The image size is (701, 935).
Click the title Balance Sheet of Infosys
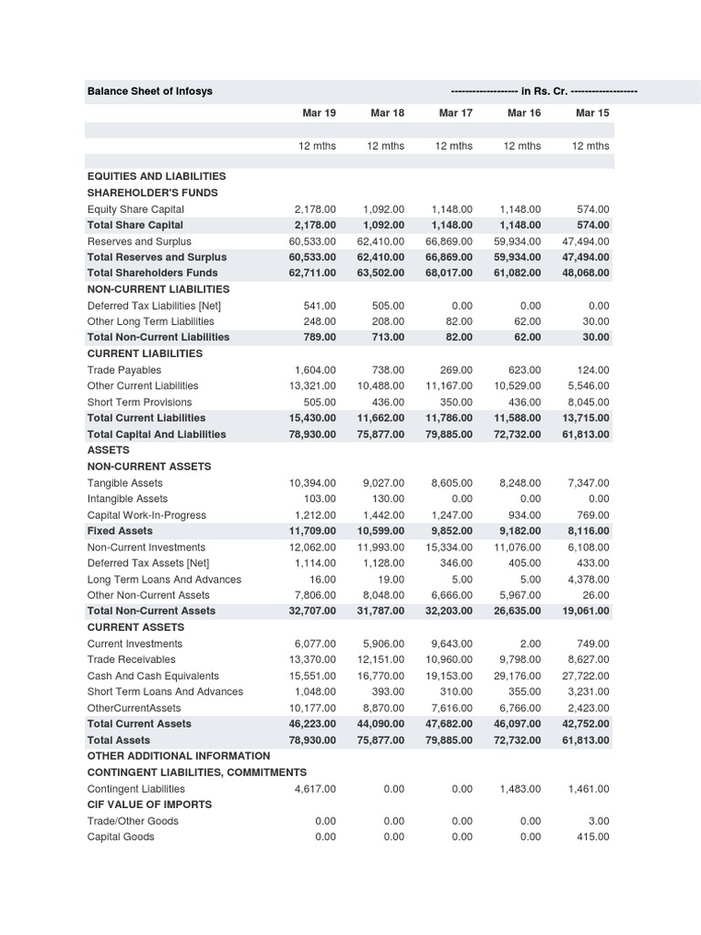click(x=150, y=91)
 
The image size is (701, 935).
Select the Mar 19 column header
click(x=319, y=113)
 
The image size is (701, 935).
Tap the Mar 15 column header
click(x=592, y=113)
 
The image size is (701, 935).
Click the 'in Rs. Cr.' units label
click(x=544, y=91)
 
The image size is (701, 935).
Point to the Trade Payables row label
click(x=124, y=370)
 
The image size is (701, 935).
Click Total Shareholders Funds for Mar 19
click(x=311, y=273)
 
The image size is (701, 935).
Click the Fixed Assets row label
click(x=120, y=531)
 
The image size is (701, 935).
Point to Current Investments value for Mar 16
click(x=530, y=644)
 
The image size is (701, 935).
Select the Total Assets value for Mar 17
click(x=448, y=741)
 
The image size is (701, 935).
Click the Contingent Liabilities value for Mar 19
click(x=315, y=789)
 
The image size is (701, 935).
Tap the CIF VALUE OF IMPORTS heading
click(x=150, y=804)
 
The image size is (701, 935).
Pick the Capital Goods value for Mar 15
click(x=592, y=836)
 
